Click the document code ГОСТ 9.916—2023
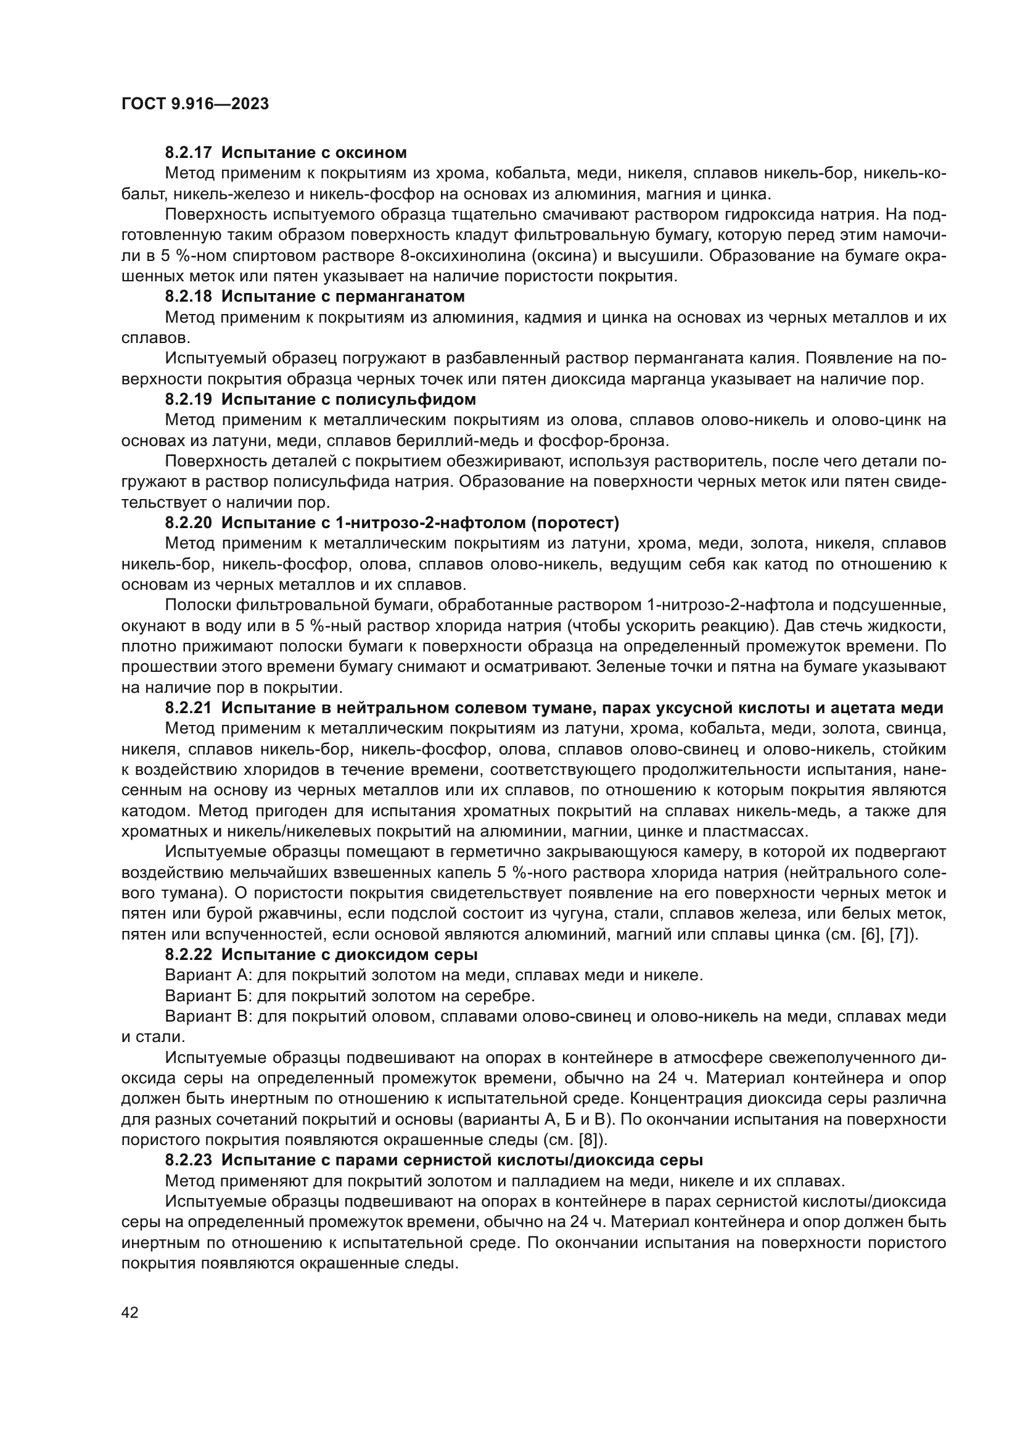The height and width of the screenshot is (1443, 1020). pos(195,104)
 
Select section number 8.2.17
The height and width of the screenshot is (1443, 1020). pos(189,153)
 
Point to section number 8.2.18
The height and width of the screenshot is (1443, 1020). pos(189,297)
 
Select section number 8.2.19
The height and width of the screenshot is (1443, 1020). pos(189,400)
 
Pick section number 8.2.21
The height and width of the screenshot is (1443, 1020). pos(189,708)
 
